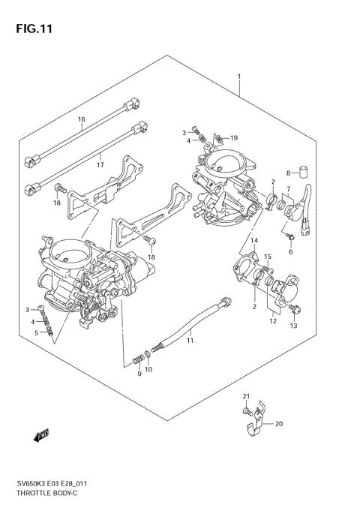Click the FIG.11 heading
click(x=31, y=29)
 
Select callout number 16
click(x=82, y=119)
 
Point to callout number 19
click(x=234, y=138)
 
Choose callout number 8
click(x=287, y=173)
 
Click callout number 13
click(x=293, y=326)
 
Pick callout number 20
click(x=279, y=424)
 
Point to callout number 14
click(x=254, y=240)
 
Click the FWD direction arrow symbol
click(x=40, y=434)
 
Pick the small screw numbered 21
click(x=245, y=410)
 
